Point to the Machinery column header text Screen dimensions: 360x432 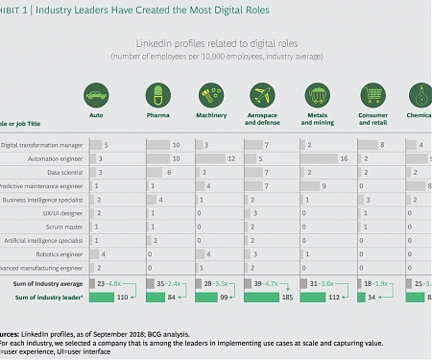210,119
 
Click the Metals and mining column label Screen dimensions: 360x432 318,123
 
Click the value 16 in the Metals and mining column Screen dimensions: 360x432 344,157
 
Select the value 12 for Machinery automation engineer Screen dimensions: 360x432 231,157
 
